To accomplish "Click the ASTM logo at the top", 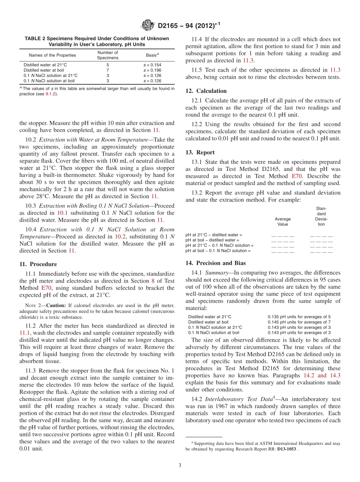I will (x=148, y=25).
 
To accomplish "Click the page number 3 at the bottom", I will (x=180, y=465).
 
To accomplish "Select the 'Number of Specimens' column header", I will (x=108, y=55).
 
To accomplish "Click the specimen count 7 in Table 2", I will (x=108, y=70).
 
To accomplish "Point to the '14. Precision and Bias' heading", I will (x=216, y=263).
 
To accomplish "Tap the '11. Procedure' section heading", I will (x=38, y=264).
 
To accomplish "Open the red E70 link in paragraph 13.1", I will (x=296, y=176).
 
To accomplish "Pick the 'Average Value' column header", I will (x=283, y=221).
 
